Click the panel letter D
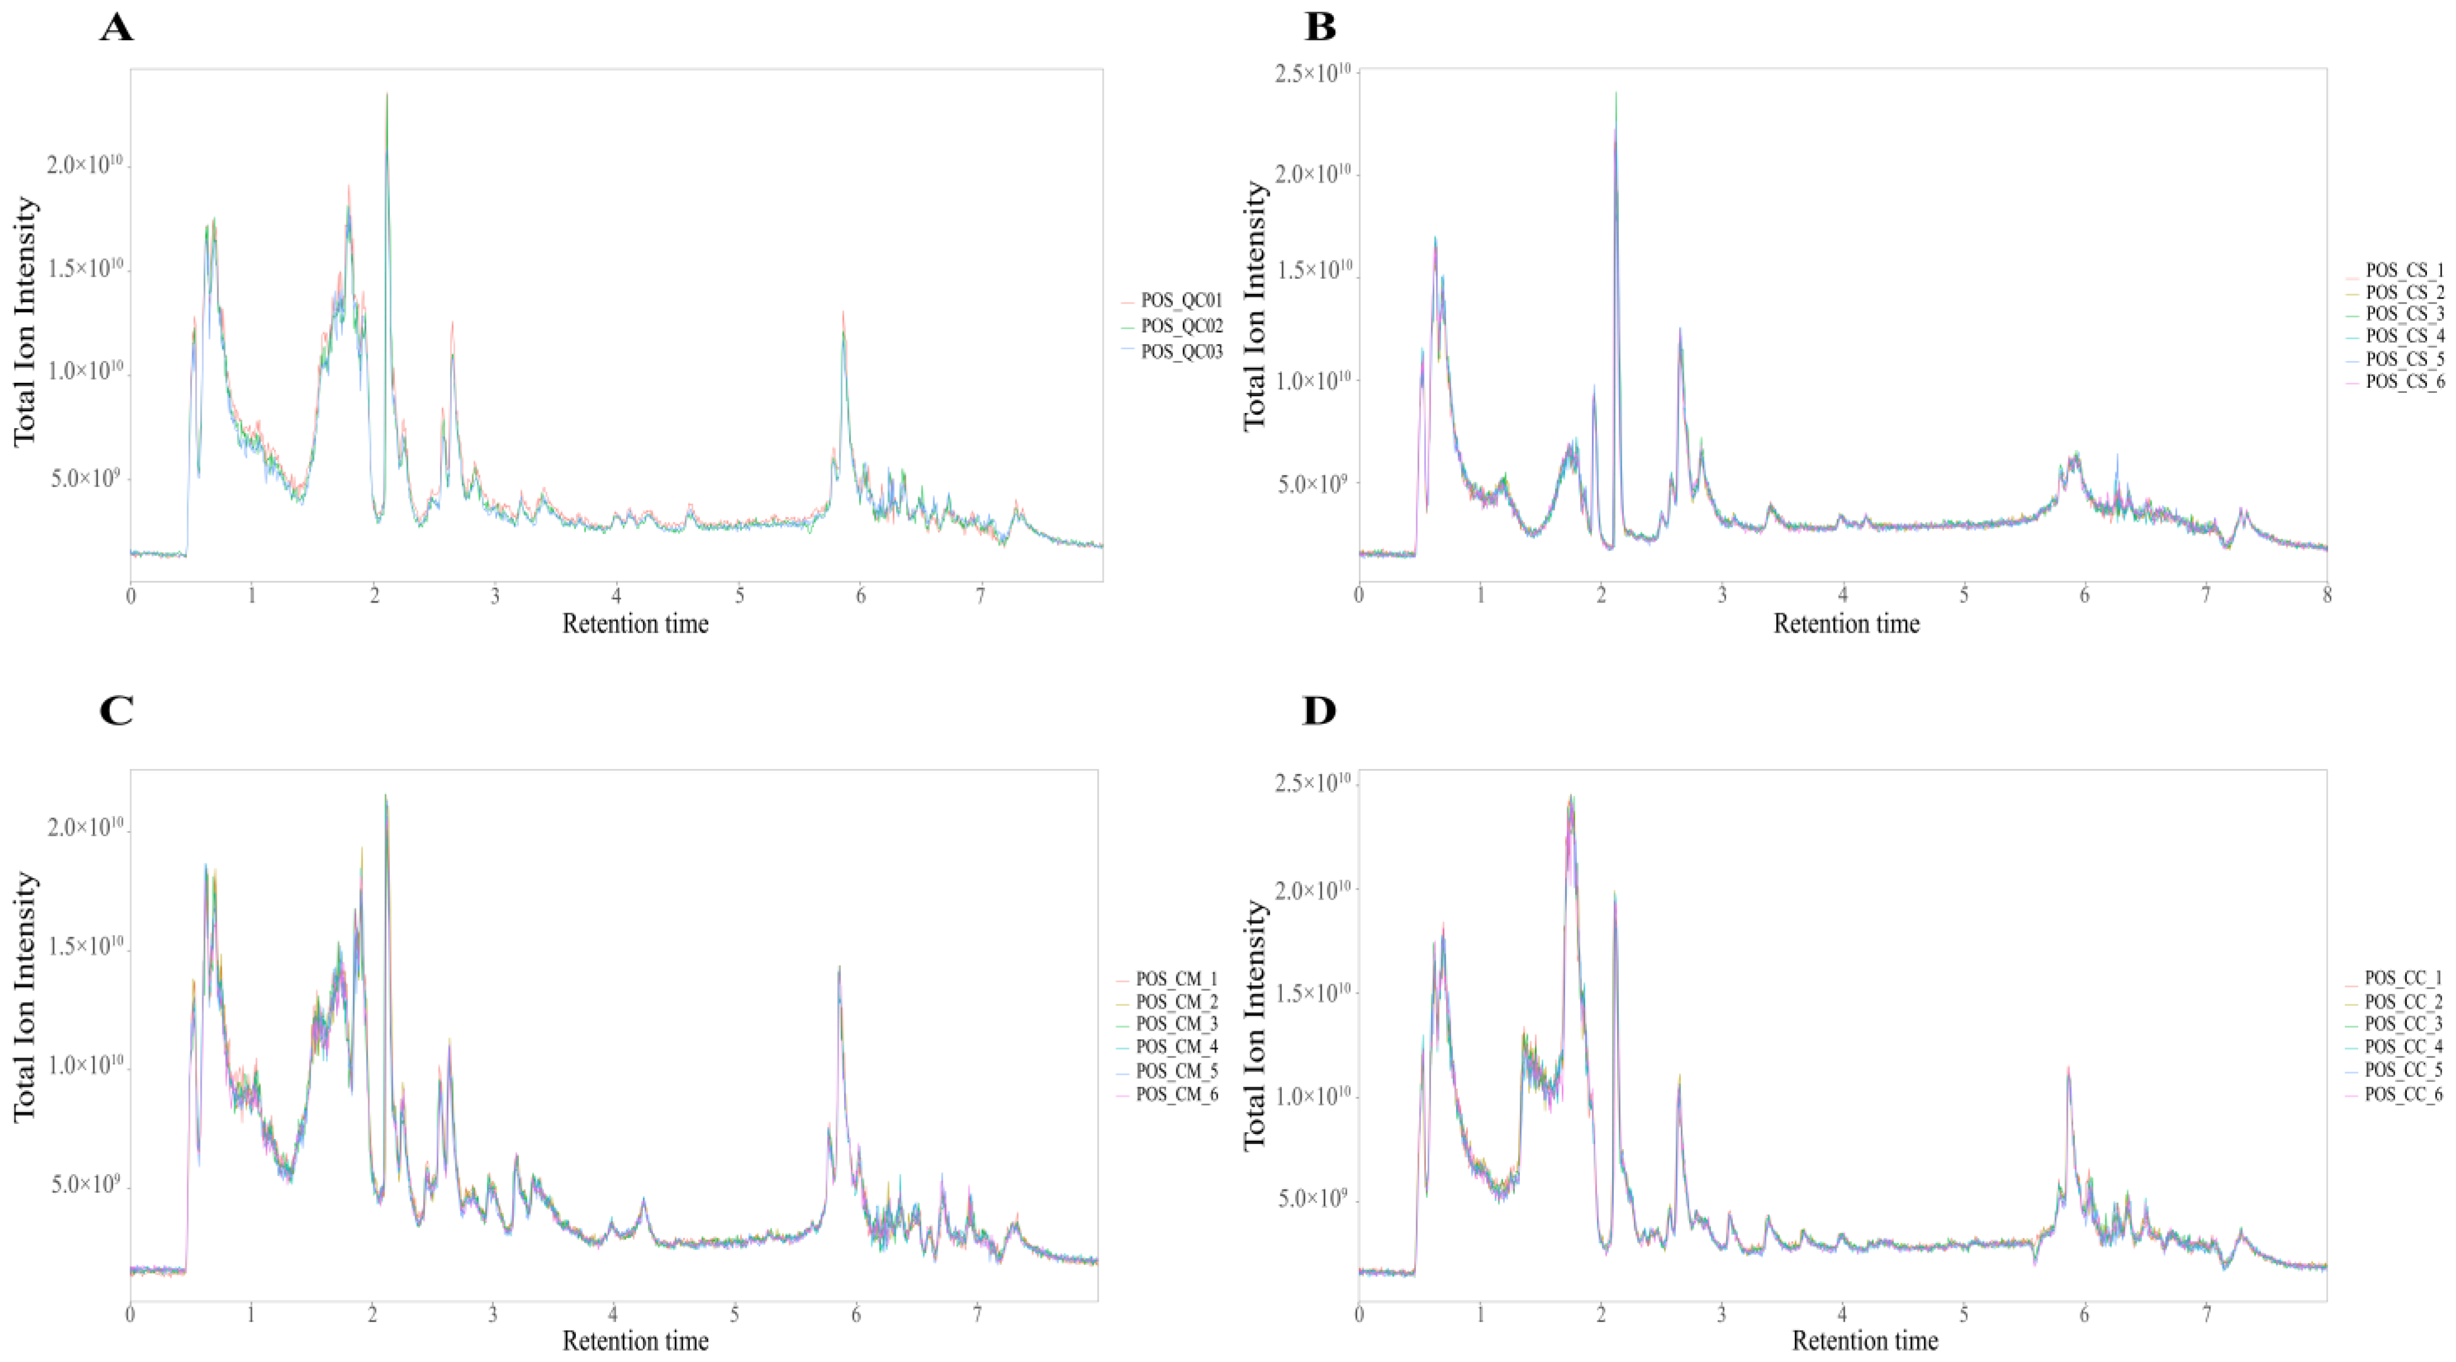point(1319,710)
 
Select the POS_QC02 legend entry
point(1180,326)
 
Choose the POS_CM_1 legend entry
point(1176,980)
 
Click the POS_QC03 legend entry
point(1180,352)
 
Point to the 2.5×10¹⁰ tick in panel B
point(1313,73)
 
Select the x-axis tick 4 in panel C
point(613,1314)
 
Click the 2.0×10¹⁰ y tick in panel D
point(1313,890)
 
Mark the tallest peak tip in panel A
point(387,93)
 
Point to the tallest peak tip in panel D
point(1570,796)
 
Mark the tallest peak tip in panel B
point(1616,93)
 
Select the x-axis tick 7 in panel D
point(2205,1314)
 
